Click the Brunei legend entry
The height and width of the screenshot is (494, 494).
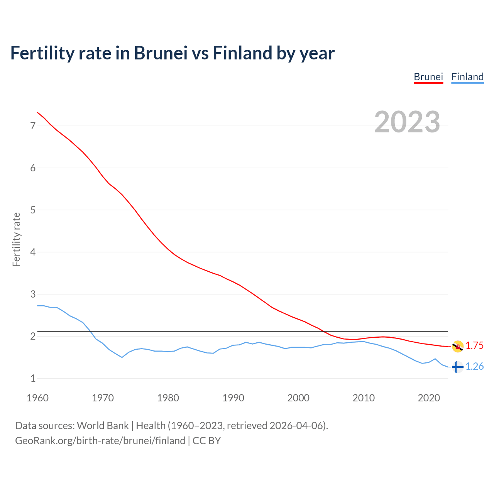[428, 77]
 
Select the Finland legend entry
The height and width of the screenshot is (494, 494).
[467, 77]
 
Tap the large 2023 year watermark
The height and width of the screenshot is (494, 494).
[407, 122]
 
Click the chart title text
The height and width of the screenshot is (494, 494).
[172, 53]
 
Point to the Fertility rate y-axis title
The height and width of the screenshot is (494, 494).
[16, 239]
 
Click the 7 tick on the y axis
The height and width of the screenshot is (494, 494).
[33, 126]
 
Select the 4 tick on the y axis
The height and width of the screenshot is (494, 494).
[33, 252]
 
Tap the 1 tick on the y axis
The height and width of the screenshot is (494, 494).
[33, 378]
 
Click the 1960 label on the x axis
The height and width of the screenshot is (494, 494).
[37, 398]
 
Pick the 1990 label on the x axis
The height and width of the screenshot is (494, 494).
[233, 398]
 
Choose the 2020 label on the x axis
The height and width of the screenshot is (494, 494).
[429, 398]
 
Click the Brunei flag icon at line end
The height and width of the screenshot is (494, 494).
[457, 347]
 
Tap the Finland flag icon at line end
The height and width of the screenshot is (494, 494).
[457, 367]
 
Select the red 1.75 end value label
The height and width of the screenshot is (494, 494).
[474, 346]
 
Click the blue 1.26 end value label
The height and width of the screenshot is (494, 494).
[474, 366]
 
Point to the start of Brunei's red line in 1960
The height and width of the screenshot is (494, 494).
[37, 112]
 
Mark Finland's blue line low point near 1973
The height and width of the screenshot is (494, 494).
[122, 357]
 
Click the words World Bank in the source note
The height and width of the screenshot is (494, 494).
[103, 426]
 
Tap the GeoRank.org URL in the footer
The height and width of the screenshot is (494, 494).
[100, 441]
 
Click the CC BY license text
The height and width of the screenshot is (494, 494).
[206, 441]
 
